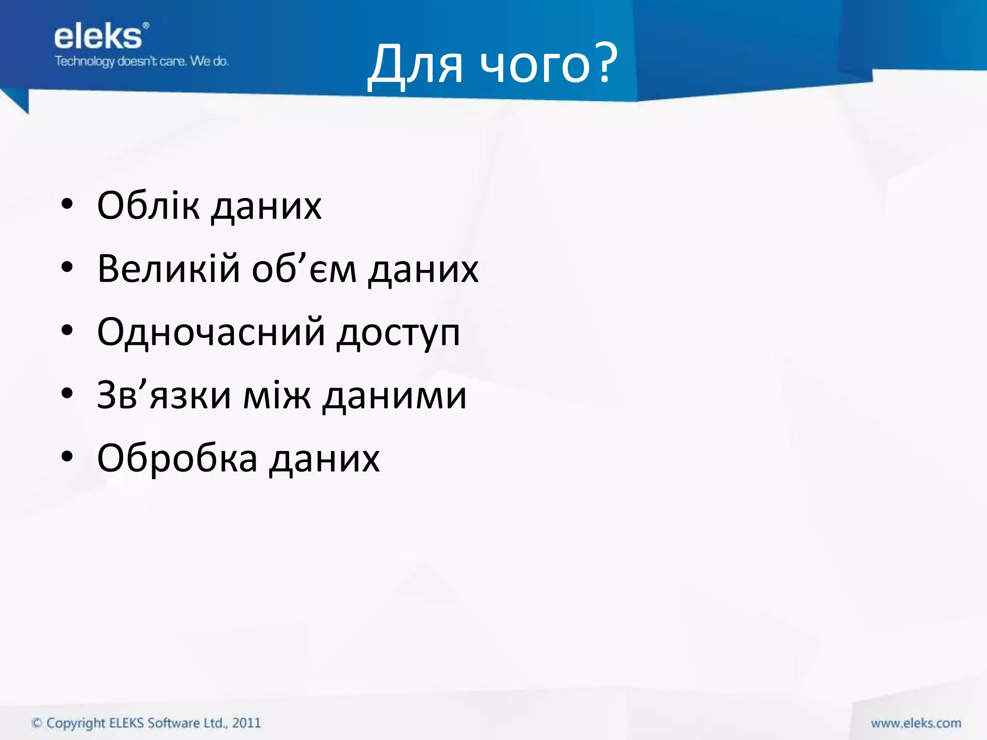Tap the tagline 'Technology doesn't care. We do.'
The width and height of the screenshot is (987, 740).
142,62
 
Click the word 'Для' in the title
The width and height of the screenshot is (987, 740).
416,65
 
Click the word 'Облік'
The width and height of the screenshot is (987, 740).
148,206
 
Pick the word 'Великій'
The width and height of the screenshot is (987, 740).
168,269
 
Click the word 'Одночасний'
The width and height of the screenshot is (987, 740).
211,332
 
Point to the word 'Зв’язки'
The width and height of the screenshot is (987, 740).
164,395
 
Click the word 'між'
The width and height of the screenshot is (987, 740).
277,395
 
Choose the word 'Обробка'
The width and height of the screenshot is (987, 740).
177,458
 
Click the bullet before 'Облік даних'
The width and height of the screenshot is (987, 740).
67,204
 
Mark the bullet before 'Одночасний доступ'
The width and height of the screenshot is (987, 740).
67,331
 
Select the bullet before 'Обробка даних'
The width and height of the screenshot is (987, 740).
67,457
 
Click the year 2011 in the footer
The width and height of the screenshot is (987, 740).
246,723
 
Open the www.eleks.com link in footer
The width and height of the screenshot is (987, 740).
916,723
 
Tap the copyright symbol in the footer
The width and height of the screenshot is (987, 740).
37,723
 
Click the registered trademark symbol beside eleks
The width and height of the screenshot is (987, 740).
146,25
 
